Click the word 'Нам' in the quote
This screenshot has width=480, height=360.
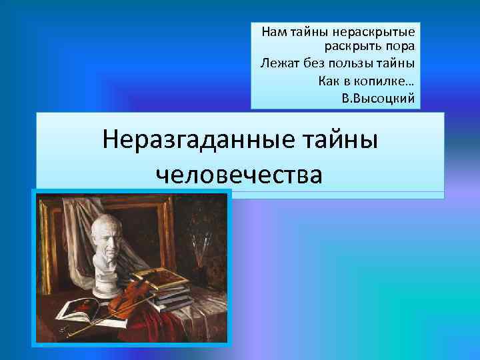pyautogui.click(x=273, y=31)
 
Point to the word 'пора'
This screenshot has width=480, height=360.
pyautogui.click(x=399, y=47)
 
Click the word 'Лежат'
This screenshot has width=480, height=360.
pyautogui.click(x=275, y=64)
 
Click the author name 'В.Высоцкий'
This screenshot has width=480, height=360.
pyautogui.click(x=377, y=98)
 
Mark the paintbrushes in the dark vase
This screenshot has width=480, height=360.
pyautogui.click(x=201, y=247)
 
